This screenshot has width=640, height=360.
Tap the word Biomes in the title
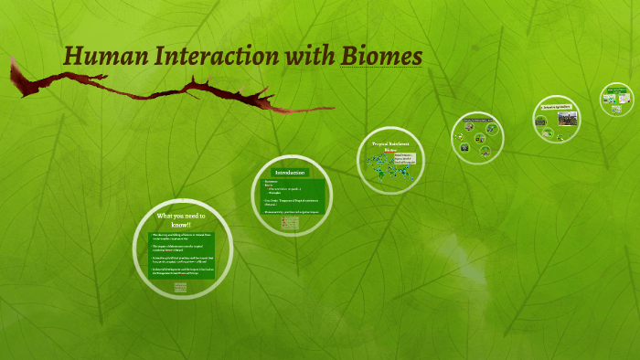(381, 56)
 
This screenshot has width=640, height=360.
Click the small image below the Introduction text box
(289, 220)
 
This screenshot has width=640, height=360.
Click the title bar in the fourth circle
(477, 121)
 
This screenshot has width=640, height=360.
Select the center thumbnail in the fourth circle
(477, 136)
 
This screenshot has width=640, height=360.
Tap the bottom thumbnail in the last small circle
(617, 106)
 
